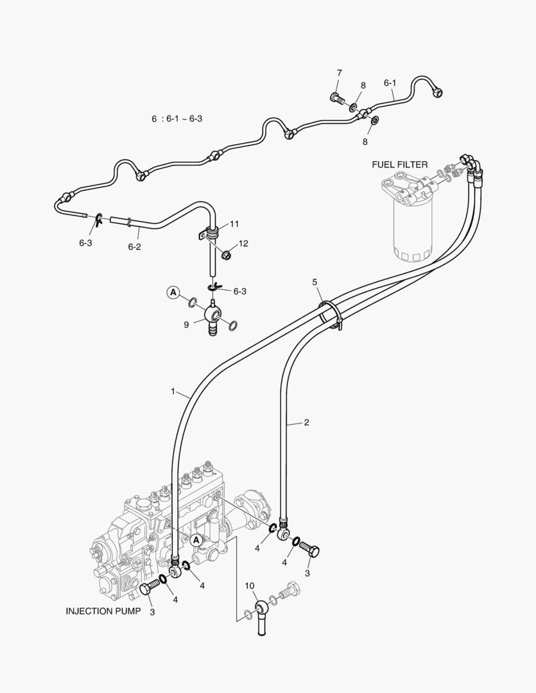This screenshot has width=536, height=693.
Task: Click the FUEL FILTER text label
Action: click(x=399, y=165)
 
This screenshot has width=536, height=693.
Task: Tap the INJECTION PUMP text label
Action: click(x=103, y=612)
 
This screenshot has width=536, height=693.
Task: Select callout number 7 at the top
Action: click(x=339, y=73)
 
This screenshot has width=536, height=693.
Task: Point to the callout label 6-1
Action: click(x=390, y=83)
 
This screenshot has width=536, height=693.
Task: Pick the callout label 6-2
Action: click(x=134, y=246)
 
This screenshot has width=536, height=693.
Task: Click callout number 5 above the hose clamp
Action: click(x=315, y=282)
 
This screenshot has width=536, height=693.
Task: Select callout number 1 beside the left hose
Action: click(x=173, y=391)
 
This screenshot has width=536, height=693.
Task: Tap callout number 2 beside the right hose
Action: click(x=306, y=422)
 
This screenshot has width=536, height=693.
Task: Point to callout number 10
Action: click(x=250, y=586)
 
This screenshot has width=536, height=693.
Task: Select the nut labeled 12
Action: click(x=226, y=256)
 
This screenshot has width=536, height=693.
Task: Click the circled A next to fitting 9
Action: click(x=173, y=293)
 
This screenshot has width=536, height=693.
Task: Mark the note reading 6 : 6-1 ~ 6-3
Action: click(x=177, y=119)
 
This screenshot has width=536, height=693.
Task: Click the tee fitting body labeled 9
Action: click(x=211, y=315)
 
